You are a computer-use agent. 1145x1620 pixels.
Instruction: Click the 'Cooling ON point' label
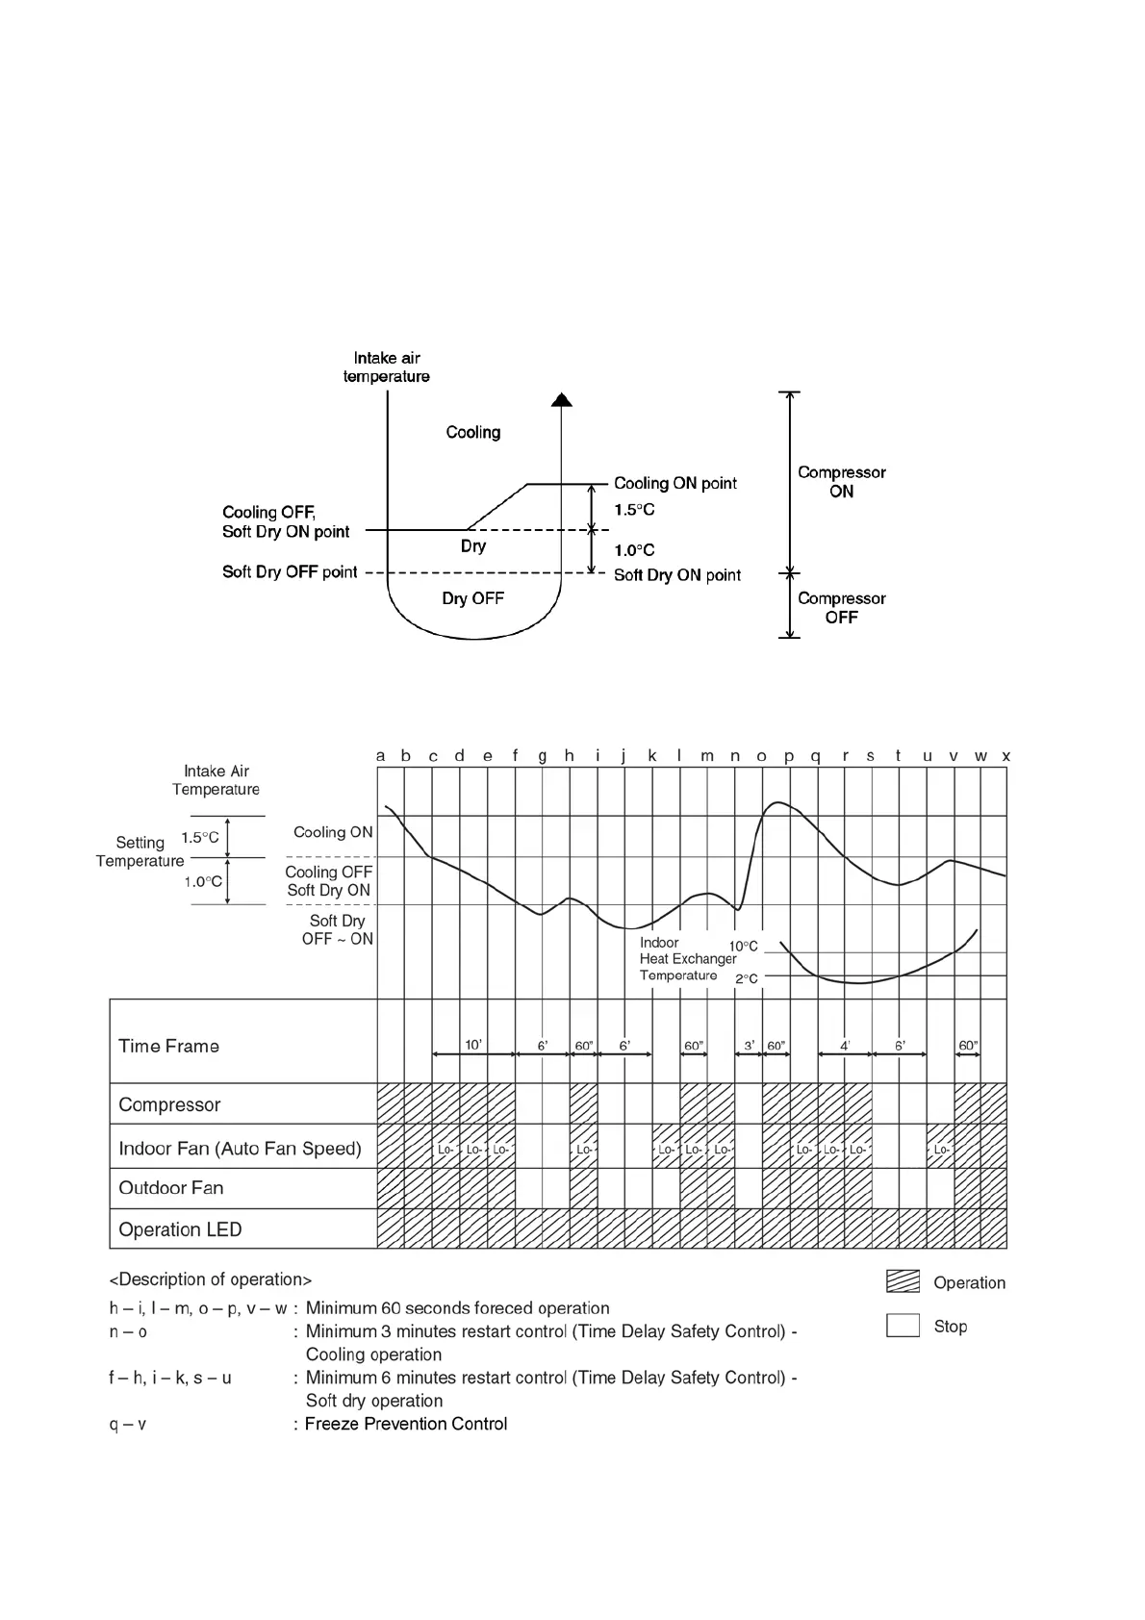coord(675,483)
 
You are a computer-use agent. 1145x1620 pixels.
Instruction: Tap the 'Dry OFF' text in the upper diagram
coord(472,598)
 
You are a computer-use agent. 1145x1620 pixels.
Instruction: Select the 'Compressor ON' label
coord(841,481)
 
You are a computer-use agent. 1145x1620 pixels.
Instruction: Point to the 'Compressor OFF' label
coord(841,607)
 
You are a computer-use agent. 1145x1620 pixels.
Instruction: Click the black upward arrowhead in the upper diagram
coord(561,399)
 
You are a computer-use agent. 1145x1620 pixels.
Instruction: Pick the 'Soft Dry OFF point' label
coord(290,572)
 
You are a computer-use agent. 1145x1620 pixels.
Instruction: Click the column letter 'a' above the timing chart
coord(380,756)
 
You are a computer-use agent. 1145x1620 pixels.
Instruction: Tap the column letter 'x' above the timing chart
coord(1005,756)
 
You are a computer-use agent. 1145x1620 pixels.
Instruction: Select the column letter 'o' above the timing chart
coord(761,756)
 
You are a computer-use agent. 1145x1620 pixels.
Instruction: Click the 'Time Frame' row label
coord(168,1046)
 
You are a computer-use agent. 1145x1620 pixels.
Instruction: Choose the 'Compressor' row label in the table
coord(169,1104)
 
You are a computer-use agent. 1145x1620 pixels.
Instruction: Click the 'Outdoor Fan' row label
coord(170,1188)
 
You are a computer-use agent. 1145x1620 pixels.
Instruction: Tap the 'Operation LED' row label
coord(180,1229)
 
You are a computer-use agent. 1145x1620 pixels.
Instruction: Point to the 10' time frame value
coord(473,1045)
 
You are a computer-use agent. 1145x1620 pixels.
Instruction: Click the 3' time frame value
coord(749,1045)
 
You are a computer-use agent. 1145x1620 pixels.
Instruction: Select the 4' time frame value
coord(845,1045)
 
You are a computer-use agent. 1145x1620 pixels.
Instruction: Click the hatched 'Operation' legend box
coord(903,1281)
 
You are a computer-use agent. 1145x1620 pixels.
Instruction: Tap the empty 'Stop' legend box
coord(903,1326)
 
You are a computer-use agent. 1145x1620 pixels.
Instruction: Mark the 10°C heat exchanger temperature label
coord(743,947)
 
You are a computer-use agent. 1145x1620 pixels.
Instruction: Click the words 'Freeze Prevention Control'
coord(406,1424)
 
